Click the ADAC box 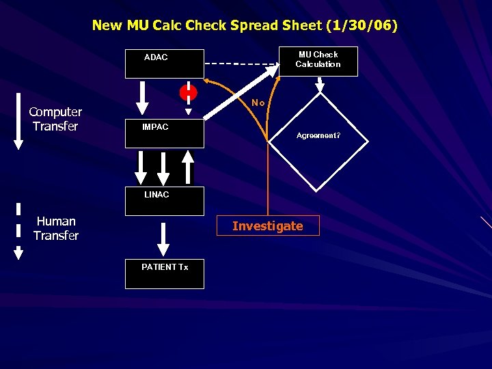[164, 64]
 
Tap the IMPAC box [164, 133]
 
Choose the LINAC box [164, 201]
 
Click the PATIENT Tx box [164, 273]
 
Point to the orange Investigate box [267, 226]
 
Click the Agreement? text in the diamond [318, 135]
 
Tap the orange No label [258, 102]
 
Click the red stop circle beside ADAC [188, 92]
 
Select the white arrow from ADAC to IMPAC [142, 98]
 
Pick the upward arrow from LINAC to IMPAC [188, 166]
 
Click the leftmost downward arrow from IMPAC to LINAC [141, 167]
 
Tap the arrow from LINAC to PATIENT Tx [163, 238]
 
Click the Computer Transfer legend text [55, 119]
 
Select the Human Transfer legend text [56, 228]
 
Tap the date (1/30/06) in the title [362, 25]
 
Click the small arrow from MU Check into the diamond [319, 84]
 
